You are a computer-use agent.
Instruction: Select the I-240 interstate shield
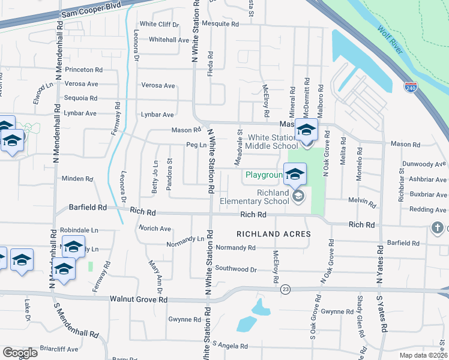click(x=411, y=88)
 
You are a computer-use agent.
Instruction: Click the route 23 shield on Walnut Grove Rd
click(x=285, y=289)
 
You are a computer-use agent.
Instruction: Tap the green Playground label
click(x=263, y=176)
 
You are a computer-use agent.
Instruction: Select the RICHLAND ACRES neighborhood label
click(x=273, y=234)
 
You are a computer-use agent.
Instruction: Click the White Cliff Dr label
click(x=159, y=24)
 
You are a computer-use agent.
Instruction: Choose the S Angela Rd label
click(x=230, y=346)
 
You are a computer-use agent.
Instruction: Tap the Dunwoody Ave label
click(x=424, y=163)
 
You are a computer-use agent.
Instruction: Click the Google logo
click(x=19, y=353)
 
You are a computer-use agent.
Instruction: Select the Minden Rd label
click(x=77, y=179)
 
